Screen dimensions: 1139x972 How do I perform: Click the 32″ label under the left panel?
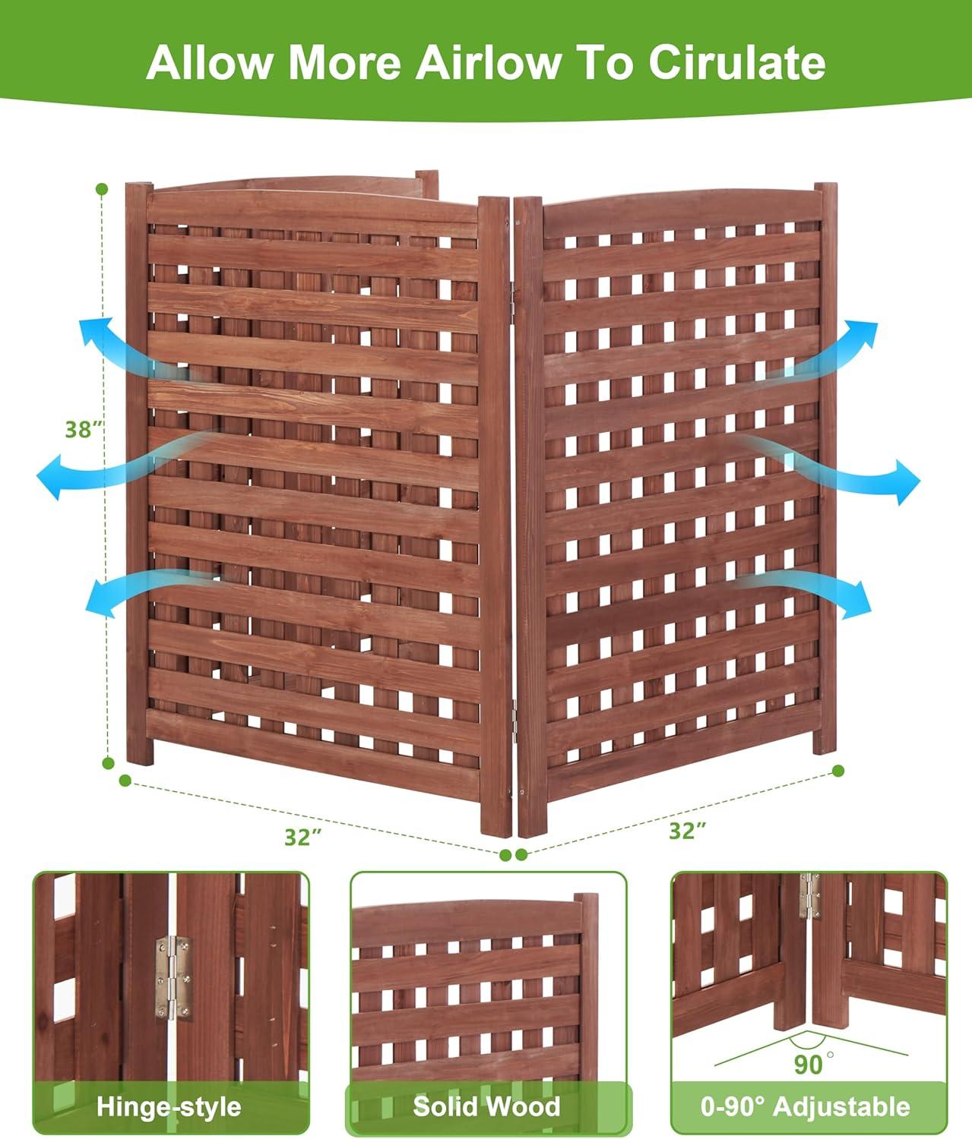[303, 837]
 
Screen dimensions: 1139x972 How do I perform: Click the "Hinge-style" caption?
[169, 1107]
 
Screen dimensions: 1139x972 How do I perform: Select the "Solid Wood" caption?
[486, 1106]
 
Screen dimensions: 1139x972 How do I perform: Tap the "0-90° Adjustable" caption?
[809, 1106]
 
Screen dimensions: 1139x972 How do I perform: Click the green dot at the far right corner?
[838, 771]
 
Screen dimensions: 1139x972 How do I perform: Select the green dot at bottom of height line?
[109, 762]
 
